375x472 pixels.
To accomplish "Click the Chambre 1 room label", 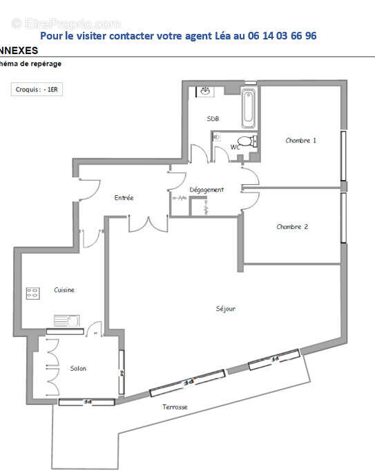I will [x=300, y=140].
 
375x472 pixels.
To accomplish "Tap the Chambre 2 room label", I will [x=292, y=227].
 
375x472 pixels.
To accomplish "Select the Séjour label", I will [x=225, y=309].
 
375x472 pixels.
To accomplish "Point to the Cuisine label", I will [x=64, y=290].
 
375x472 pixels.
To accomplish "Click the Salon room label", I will [x=78, y=368].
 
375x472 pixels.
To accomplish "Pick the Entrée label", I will [x=124, y=198].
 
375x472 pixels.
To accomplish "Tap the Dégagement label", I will [x=206, y=190].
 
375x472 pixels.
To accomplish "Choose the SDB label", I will [x=213, y=119].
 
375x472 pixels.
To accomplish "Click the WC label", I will [x=235, y=147].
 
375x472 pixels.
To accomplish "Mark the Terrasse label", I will [x=175, y=407].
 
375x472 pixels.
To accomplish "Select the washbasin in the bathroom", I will [x=205, y=91].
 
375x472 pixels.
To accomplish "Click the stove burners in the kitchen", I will [x=32, y=293].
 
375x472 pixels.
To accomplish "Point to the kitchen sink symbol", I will [x=68, y=320].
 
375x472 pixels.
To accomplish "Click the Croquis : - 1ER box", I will [x=37, y=89].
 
